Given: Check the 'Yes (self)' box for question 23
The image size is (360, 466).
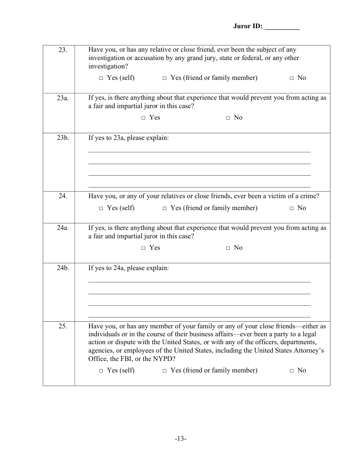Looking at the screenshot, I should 101,79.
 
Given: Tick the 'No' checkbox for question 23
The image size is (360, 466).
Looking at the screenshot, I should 292,79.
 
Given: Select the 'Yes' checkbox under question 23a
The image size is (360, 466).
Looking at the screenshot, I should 143,118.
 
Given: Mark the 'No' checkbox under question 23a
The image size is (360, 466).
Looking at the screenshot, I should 228,118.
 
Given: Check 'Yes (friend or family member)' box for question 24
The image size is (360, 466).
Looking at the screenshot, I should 165,209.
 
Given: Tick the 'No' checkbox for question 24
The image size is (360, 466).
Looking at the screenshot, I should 292,209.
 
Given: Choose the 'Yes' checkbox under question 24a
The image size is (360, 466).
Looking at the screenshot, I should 143,248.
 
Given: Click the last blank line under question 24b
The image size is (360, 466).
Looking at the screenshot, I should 199,316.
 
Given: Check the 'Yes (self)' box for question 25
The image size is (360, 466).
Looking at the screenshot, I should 101,371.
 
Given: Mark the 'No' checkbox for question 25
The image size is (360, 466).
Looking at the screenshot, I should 292,371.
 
